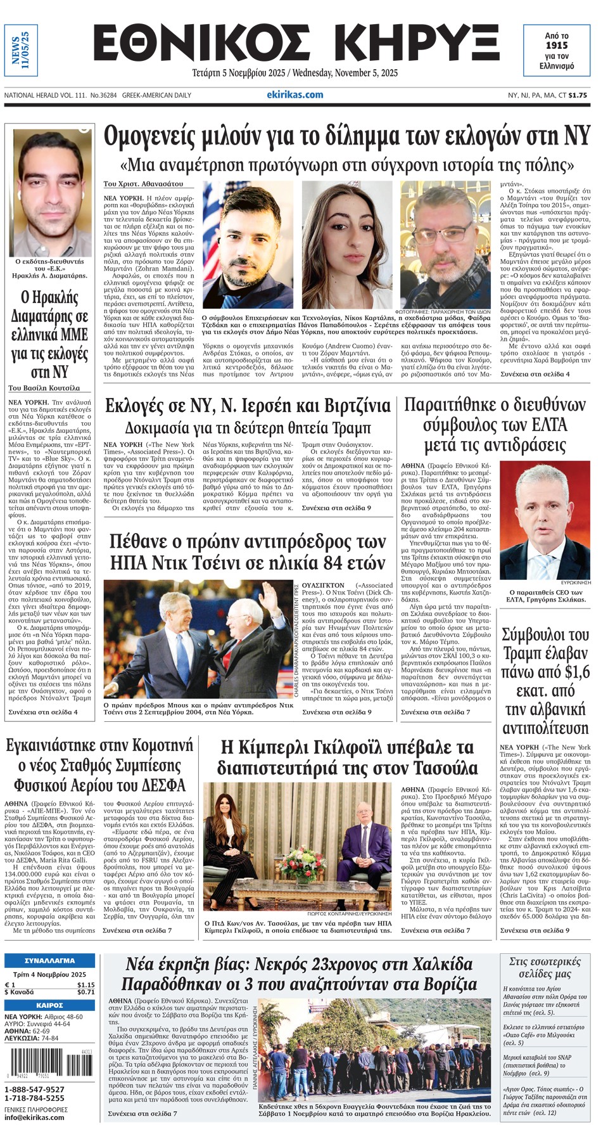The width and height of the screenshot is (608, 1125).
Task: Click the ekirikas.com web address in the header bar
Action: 295,94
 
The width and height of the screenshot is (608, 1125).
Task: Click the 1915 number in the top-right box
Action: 557,45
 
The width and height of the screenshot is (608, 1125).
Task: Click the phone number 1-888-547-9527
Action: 34,1089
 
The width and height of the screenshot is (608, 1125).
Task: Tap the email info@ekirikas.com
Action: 34,1117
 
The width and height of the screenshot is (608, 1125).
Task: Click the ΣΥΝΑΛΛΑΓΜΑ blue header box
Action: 49,960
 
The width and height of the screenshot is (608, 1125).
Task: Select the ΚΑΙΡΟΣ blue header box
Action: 49,1005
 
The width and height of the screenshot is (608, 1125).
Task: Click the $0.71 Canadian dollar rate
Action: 85,992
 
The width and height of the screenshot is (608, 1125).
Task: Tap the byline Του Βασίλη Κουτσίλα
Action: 44,388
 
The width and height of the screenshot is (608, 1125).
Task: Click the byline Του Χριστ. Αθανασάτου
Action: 143,184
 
